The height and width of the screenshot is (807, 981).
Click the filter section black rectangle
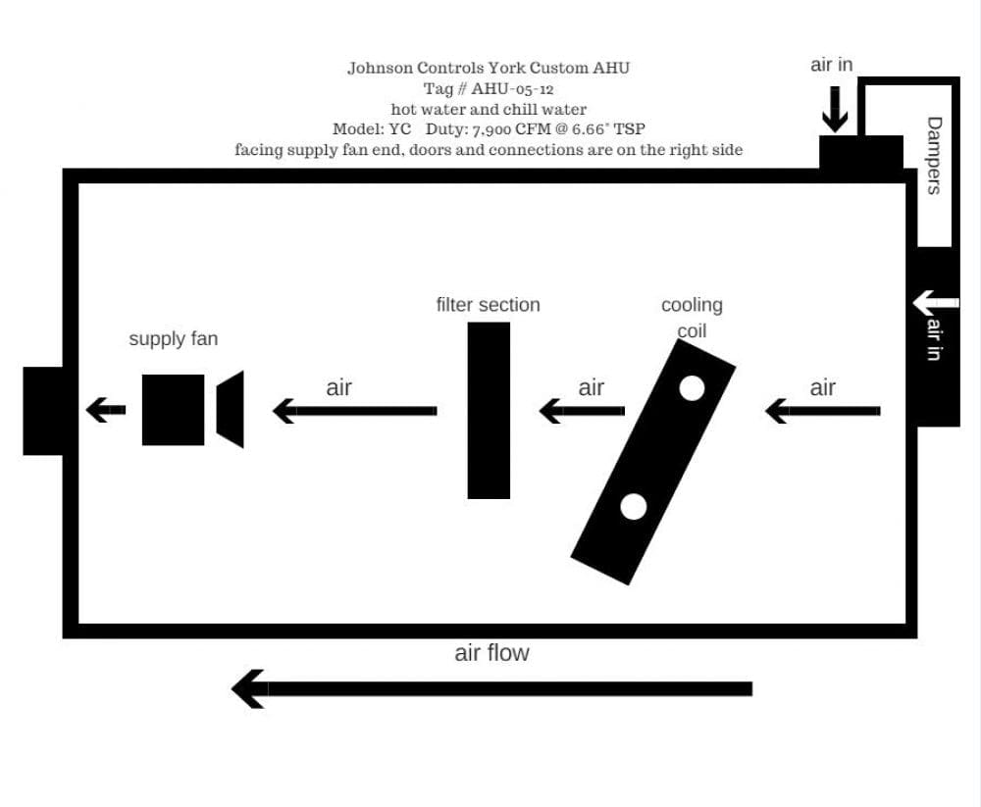click(x=489, y=411)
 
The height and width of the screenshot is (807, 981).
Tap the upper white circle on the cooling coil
click(x=692, y=388)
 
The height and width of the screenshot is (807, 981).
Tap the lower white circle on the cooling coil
click(x=633, y=507)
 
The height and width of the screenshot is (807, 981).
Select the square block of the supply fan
click(x=174, y=410)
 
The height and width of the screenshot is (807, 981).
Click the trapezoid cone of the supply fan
click(x=231, y=409)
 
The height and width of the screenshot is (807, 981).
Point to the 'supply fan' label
click(x=174, y=338)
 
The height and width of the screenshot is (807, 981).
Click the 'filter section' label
click(x=488, y=305)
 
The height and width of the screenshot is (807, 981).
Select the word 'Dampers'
click(x=934, y=156)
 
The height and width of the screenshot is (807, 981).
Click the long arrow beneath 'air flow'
click(x=491, y=688)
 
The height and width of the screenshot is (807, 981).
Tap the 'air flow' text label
click(x=491, y=652)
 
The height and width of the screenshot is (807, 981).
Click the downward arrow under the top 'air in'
click(x=835, y=110)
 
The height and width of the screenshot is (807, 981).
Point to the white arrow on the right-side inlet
click(x=935, y=303)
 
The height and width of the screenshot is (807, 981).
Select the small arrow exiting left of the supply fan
click(x=106, y=410)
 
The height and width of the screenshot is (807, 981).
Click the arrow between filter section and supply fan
click(x=355, y=411)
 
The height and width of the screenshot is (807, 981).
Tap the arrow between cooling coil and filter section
click(x=582, y=411)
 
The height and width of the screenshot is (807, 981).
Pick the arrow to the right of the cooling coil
click(x=823, y=411)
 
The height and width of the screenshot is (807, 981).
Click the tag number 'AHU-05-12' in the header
click(x=512, y=88)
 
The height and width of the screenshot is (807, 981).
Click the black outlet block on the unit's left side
click(x=43, y=411)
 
